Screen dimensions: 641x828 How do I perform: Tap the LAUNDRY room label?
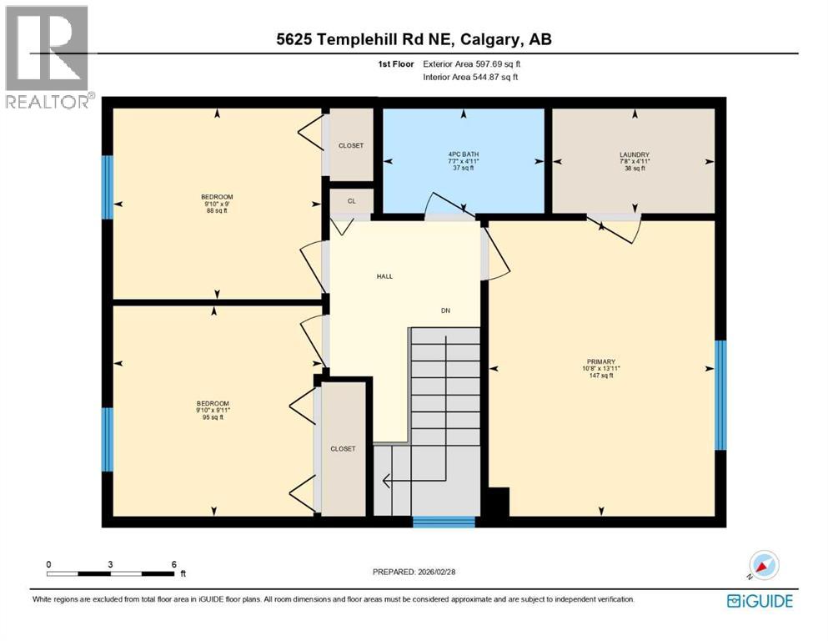click(634, 154)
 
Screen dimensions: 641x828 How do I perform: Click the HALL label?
click(384, 276)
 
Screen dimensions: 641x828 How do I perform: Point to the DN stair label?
click(446, 310)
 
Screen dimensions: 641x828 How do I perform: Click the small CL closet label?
click(351, 201)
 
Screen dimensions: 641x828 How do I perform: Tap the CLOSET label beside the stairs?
click(343, 448)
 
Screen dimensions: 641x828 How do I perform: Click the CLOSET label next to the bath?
click(351, 145)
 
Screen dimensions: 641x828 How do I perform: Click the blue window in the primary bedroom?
click(720, 395)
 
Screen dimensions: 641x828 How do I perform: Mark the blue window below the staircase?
click(444, 522)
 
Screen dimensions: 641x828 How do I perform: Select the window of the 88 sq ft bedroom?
click(107, 188)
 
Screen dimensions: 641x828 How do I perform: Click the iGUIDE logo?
click(760, 600)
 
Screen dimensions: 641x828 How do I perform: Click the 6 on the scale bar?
click(173, 564)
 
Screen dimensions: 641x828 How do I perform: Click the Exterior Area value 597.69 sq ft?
click(499, 63)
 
